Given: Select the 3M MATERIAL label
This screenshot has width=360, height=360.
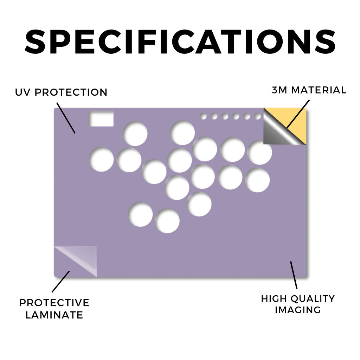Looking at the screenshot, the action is (309, 90).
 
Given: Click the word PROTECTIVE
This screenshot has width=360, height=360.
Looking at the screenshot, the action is (54, 303).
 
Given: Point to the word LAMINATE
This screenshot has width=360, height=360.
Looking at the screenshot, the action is (54, 315).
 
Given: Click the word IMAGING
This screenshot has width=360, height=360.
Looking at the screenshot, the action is (298, 310).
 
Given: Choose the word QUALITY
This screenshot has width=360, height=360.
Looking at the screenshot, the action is (313, 299).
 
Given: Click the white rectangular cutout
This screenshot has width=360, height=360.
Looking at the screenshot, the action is (101, 119).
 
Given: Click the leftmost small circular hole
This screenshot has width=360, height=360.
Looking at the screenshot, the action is (203, 116).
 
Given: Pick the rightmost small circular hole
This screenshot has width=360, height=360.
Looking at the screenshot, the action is (258, 116).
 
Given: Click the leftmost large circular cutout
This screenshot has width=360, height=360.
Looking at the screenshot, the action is (101, 159).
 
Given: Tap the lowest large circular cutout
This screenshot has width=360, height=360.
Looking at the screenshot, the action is (167, 221).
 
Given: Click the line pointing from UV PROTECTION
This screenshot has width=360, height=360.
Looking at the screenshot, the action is (66, 118).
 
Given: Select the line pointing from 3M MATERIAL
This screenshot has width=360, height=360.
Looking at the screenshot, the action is (298, 114).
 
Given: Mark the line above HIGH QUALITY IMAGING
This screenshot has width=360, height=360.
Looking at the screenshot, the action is (294, 275).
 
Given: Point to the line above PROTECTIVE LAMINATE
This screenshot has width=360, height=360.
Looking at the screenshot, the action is (60, 282).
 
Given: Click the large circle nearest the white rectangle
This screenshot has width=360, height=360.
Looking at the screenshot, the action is (135, 134).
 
